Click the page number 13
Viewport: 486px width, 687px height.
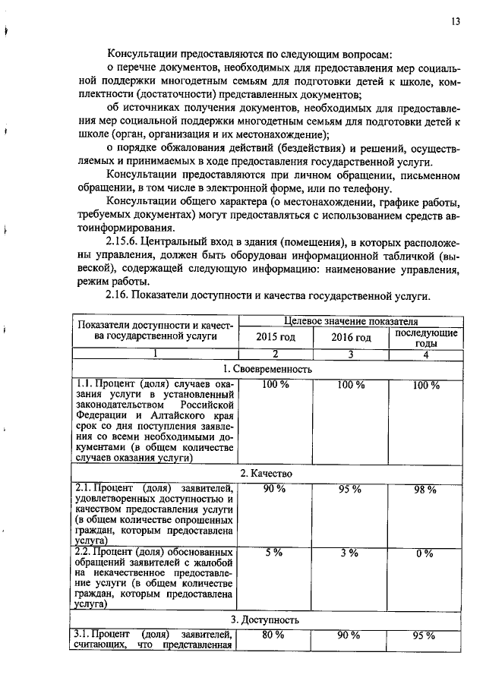(455, 21)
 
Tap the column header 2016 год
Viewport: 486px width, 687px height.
(351, 337)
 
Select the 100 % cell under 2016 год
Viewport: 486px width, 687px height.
(350, 385)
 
